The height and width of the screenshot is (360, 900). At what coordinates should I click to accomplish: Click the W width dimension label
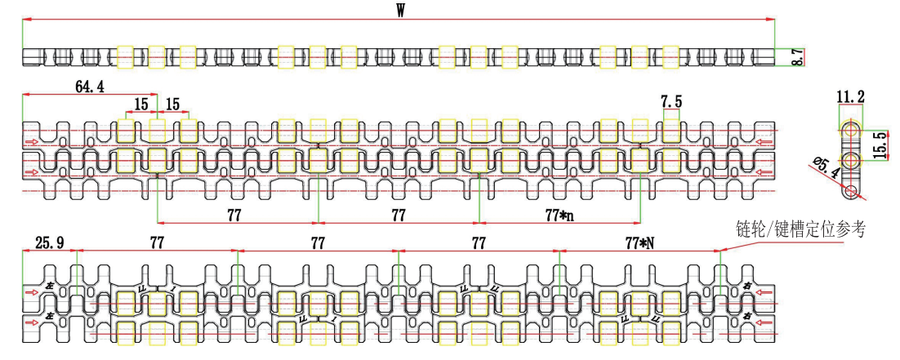click(401, 12)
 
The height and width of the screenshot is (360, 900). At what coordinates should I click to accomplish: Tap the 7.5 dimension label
click(671, 100)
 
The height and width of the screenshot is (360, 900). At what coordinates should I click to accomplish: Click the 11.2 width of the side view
click(851, 99)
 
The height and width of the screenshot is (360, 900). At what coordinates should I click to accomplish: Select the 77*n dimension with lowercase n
click(558, 216)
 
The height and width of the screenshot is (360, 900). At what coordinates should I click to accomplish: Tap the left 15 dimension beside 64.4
click(141, 104)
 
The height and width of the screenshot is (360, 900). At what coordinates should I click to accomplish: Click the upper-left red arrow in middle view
click(32, 144)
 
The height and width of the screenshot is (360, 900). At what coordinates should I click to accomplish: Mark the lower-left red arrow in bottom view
click(32, 323)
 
